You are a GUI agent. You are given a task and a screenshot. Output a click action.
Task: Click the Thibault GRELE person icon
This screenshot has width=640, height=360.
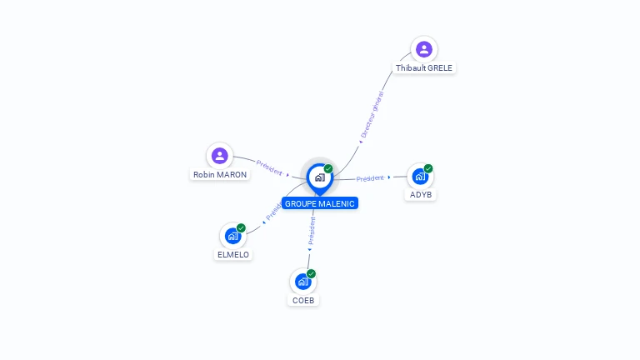[x=423, y=49]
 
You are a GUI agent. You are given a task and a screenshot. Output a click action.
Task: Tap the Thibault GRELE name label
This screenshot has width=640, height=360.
[x=424, y=67]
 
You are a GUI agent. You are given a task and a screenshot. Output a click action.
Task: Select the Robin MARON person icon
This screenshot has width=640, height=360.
[x=219, y=156]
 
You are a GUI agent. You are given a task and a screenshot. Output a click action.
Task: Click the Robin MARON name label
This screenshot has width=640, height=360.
[x=220, y=175]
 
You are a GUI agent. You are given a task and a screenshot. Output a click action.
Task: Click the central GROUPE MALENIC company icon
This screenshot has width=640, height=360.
[x=319, y=177]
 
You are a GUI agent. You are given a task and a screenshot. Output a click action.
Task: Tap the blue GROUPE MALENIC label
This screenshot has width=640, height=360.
[x=320, y=203]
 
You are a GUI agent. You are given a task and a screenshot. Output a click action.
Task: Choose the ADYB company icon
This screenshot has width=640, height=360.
[x=420, y=177]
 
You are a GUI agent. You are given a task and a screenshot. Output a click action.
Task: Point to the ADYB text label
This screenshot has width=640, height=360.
[x=421, y=194]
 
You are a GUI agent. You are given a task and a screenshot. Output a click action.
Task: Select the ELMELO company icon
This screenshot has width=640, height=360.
[x=232, y=236]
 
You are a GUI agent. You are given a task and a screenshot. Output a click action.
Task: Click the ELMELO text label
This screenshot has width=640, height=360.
[x=233, y=254]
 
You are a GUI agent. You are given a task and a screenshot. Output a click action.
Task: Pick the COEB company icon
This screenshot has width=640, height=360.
[x=302, y=282]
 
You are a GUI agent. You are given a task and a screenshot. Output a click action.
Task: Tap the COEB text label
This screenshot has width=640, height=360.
[x=303, y=300]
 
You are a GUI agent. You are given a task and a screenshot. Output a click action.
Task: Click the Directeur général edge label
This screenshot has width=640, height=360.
[x=372, y=115]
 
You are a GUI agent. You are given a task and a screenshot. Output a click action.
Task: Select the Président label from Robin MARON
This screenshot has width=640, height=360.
[x=269, y=167]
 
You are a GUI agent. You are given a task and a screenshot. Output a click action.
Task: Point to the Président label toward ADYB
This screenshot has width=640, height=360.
[x=370, y=178]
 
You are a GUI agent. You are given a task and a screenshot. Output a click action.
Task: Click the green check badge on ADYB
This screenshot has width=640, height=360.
[x=428, y=168]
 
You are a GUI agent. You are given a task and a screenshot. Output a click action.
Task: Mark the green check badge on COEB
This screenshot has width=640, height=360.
[x=311, y=273]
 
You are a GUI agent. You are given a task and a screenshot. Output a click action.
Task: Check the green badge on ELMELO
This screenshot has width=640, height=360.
[x=241, y=227]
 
